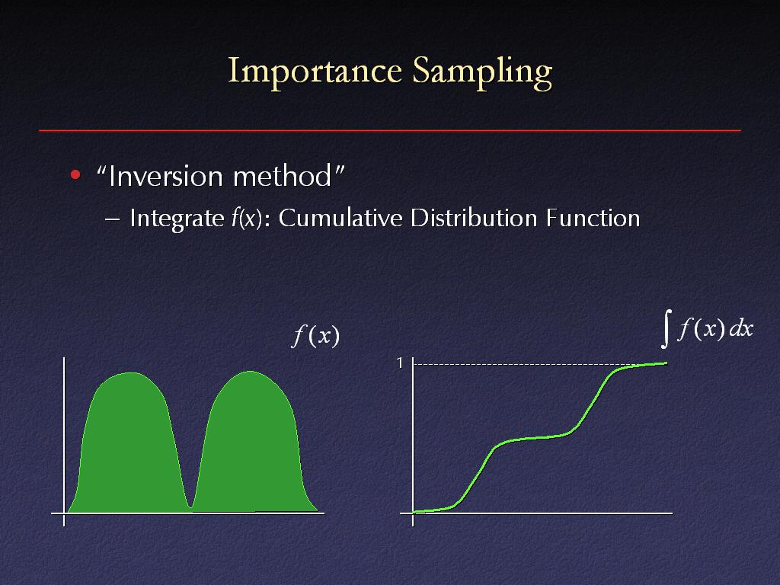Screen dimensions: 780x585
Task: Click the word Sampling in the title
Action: tap(482, 72)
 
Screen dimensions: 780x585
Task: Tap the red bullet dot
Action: tap(75, 174)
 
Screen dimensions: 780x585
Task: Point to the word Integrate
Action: tap(177, 219)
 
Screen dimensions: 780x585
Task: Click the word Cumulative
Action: tap(340, 218)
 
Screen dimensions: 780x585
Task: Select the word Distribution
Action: tap(474, 218)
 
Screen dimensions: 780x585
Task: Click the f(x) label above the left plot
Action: tap(316, 336)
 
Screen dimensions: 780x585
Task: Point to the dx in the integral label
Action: tap(741, 329)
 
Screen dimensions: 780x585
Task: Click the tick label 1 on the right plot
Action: tap(399, 363)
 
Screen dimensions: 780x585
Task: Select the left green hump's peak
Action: tap(130, 372)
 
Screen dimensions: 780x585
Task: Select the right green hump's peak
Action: tap(250, 372)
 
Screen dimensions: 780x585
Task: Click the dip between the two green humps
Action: tap(190, 507)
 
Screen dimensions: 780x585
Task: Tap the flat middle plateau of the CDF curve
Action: tap(532, 438)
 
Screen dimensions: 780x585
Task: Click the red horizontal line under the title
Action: tap(390, 131)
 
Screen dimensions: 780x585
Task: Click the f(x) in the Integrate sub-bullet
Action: tap(247, 219)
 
